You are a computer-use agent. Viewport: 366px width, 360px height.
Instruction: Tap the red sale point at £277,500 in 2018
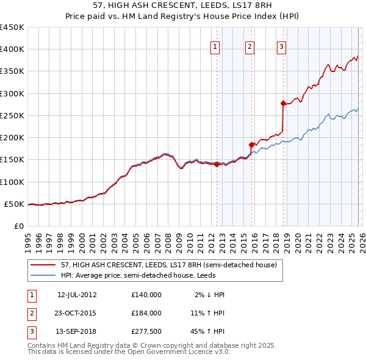[283, 103]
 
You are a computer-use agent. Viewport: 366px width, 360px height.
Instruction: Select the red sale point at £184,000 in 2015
[252, 145]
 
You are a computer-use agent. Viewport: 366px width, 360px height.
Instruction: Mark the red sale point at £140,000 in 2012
[217, 164]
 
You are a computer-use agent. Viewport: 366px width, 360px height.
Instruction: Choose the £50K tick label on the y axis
[15, 204]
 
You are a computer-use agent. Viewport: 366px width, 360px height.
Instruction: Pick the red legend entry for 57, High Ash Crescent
[169, 265]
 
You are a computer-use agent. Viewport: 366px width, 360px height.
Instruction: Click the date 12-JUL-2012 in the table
[77, 295]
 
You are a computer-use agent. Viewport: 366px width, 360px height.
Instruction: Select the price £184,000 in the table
[146, 312]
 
